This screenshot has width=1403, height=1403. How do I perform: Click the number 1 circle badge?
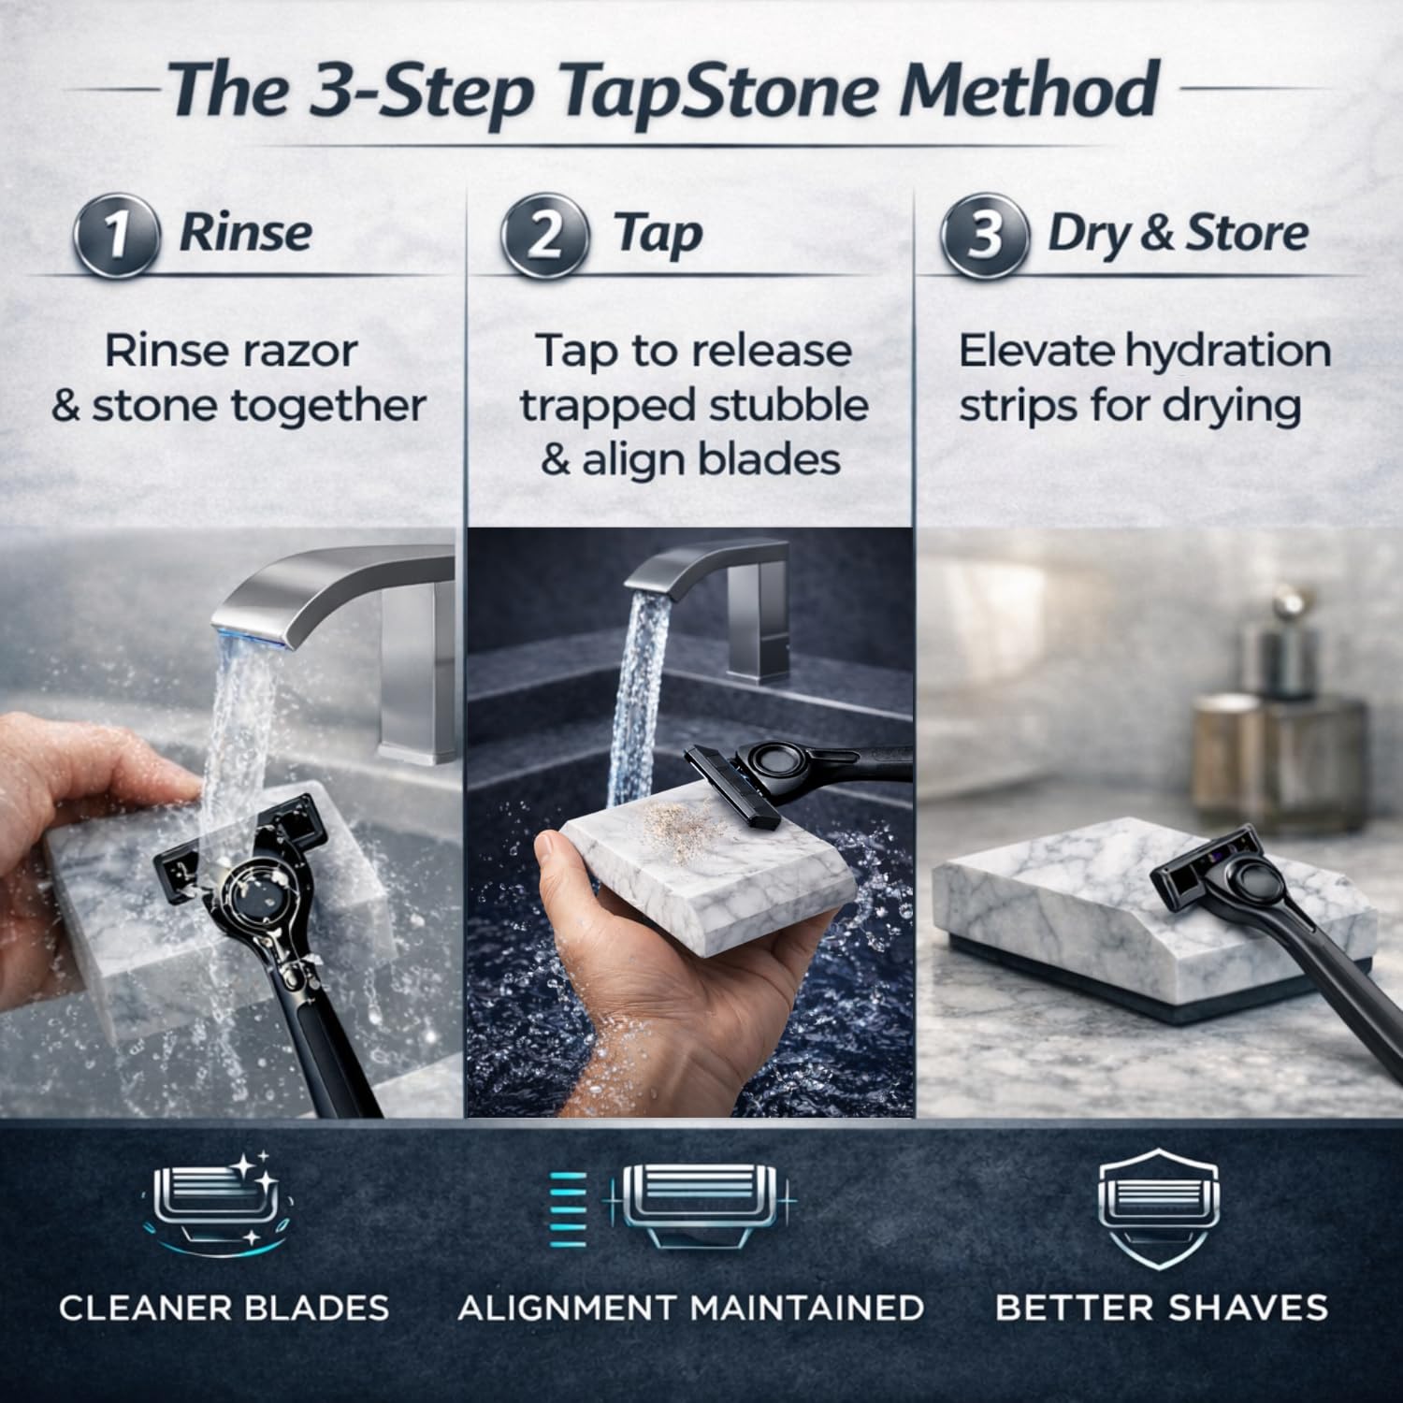(115, 234)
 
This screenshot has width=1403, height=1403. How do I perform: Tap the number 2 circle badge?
(544, 234)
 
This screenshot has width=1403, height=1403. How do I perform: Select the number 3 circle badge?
(984, 234)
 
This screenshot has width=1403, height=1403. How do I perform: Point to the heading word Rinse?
(245, 233)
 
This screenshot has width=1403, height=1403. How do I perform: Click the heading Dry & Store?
(1177, 233)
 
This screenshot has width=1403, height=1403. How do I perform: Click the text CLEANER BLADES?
(224, 1308)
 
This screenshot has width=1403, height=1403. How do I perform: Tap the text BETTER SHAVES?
(1161, 1308)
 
